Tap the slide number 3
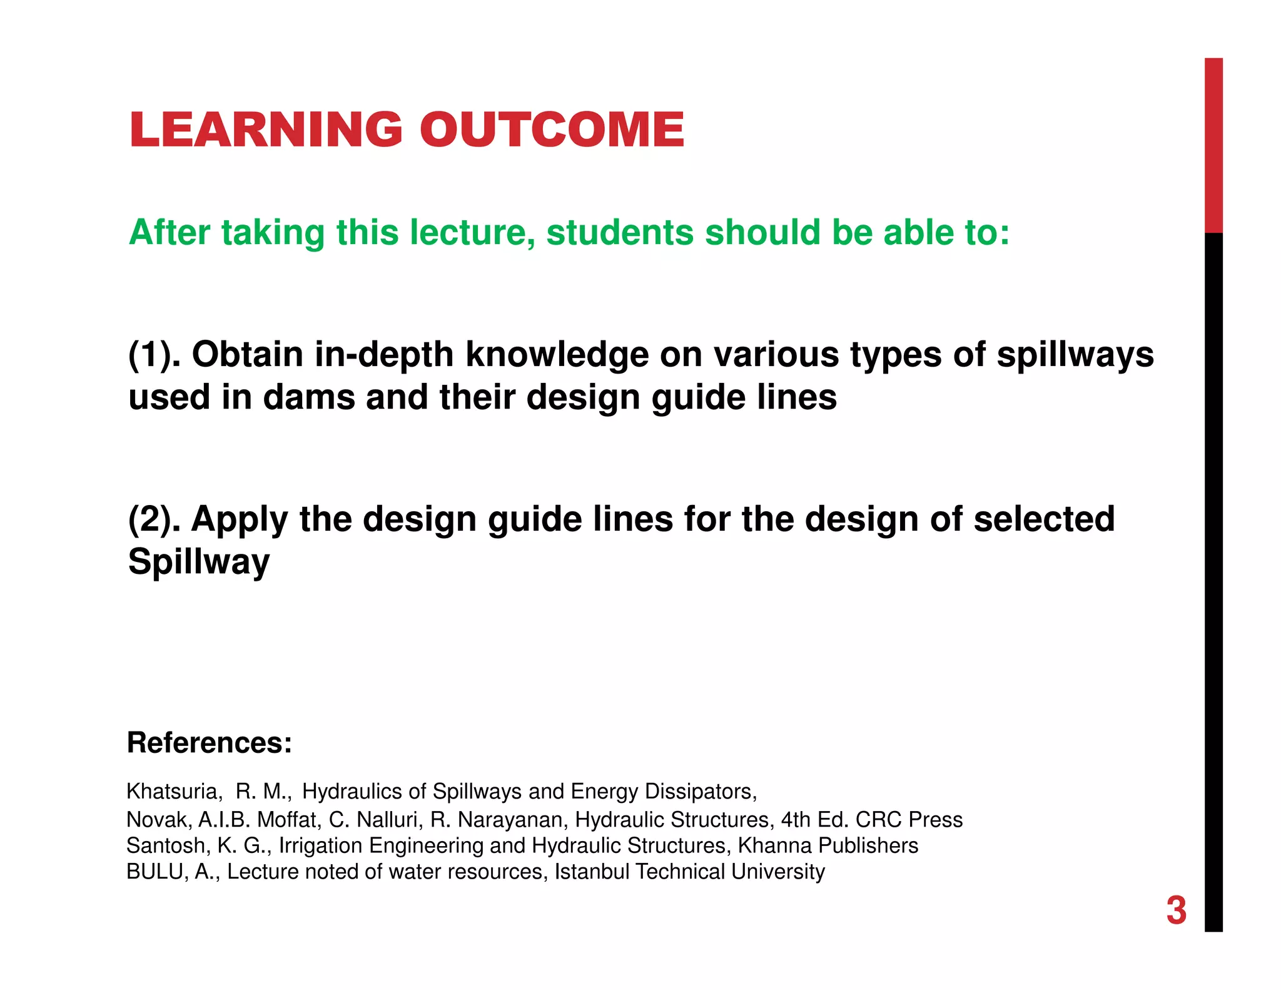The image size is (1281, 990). pos(1176,911)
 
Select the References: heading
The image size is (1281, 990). pos(210,743)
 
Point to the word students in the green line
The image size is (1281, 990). pos(620,233)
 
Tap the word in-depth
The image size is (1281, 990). pos(383,355)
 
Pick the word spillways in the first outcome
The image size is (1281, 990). pos(1075,355)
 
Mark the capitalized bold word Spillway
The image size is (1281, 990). pos(199,562)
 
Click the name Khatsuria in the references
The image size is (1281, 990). pos(173,792)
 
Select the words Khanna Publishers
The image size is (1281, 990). pos(828,846)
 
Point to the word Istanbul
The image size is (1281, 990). pos(592,872)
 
